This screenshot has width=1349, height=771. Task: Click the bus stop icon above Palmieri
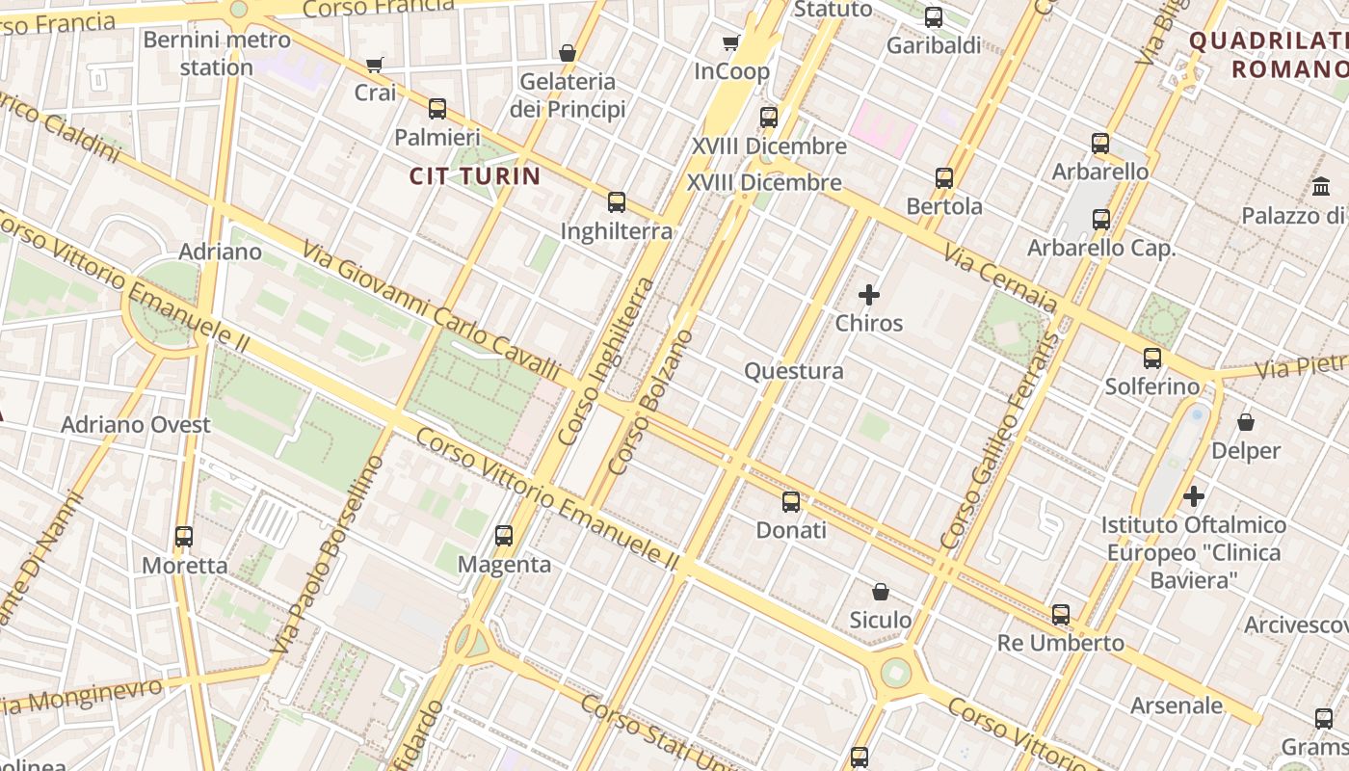[x=437, y=108]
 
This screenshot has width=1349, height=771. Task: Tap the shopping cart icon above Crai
[x=375, y=65]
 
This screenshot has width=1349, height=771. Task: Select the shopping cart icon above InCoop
[x=731, y=42]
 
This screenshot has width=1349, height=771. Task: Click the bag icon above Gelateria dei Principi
[x=568, y=53]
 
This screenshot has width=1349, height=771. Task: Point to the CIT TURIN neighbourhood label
[x=475, y=176]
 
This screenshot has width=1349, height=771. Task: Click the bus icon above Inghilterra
[x=617, y=202]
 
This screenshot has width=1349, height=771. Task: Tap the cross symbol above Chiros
[x=869, y=295]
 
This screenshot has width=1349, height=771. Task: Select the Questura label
[x=794, y=371]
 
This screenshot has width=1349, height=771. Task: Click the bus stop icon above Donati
[x=791, y=501]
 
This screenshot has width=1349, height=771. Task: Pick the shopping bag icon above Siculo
[x=880, y=591]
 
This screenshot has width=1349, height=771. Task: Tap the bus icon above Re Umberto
[x=1061, y=614]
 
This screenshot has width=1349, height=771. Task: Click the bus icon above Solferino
[x=1152, y=359]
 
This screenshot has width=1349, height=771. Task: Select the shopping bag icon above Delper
[x=1246, y=422]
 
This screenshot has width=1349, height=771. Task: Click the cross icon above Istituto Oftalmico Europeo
[x=1194, y=496]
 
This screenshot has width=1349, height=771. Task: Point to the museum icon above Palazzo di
[x=1321, y=187]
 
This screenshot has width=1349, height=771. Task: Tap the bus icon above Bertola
[x=944, y=178]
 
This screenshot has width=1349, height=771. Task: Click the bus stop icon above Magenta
[x=504, y=536]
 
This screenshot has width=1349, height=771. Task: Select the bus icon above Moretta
[x=184, y=537]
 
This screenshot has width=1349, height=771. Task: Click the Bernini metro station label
[x=216, y=54]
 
